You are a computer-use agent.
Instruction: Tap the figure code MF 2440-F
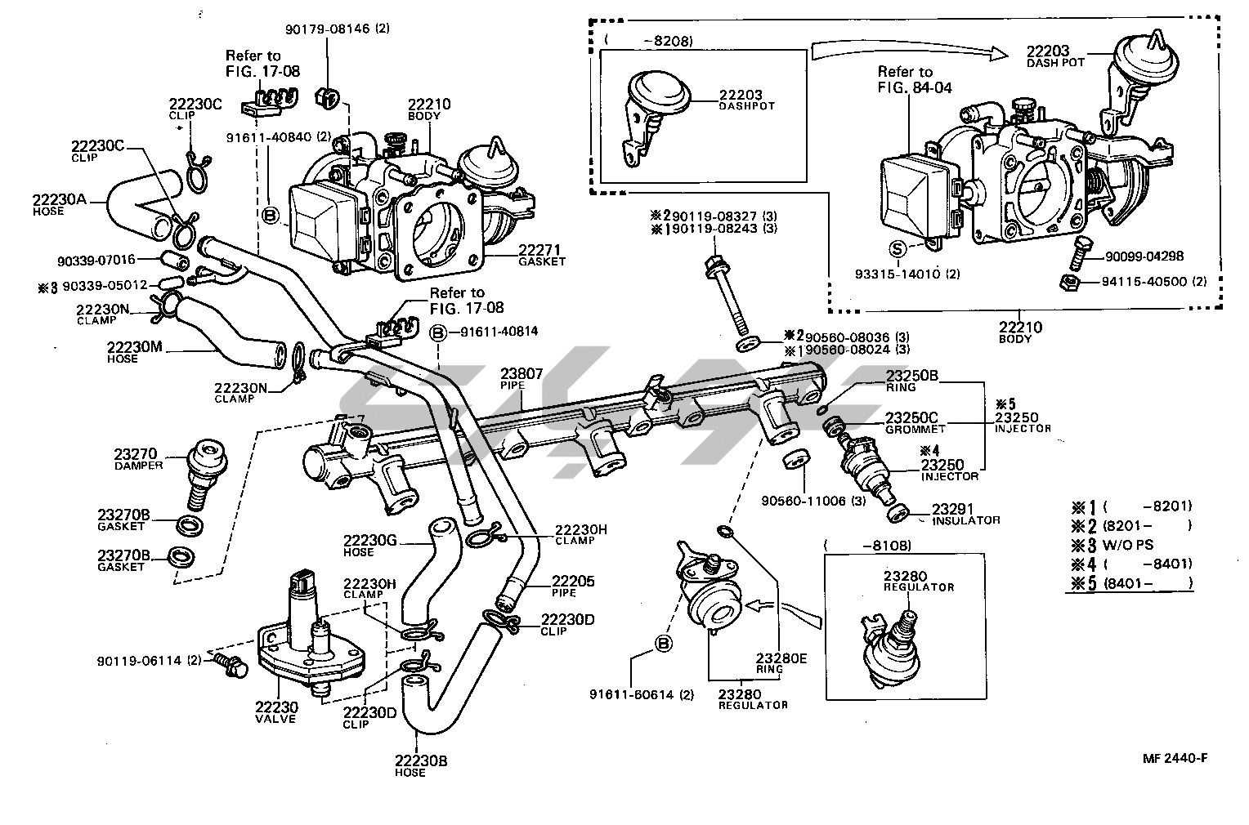tap(1175, 757)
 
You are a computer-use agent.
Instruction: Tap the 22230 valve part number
tap(275, 707)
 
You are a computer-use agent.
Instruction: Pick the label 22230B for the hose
tap(421, 760)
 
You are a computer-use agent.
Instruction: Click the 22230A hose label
tap(59, 198)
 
